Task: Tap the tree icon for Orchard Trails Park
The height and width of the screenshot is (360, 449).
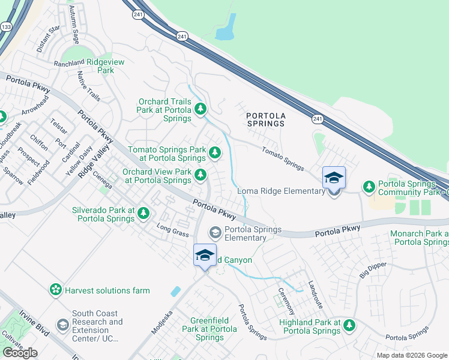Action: [200, 109]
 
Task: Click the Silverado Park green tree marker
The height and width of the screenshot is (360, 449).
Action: [143, 212]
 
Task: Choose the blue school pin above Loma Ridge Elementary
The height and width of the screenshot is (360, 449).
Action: [334, 178]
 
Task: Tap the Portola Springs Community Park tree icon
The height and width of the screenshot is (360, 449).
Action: [369, 187]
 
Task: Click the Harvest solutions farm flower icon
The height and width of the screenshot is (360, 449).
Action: [56, 290]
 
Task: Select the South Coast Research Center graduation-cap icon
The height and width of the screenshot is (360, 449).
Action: [62, 325]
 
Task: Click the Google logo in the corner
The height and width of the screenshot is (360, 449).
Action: [20, 353]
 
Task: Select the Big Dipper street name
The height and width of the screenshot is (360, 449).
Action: [370, 266]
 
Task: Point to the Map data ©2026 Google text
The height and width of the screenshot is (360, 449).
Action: [411, 355]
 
